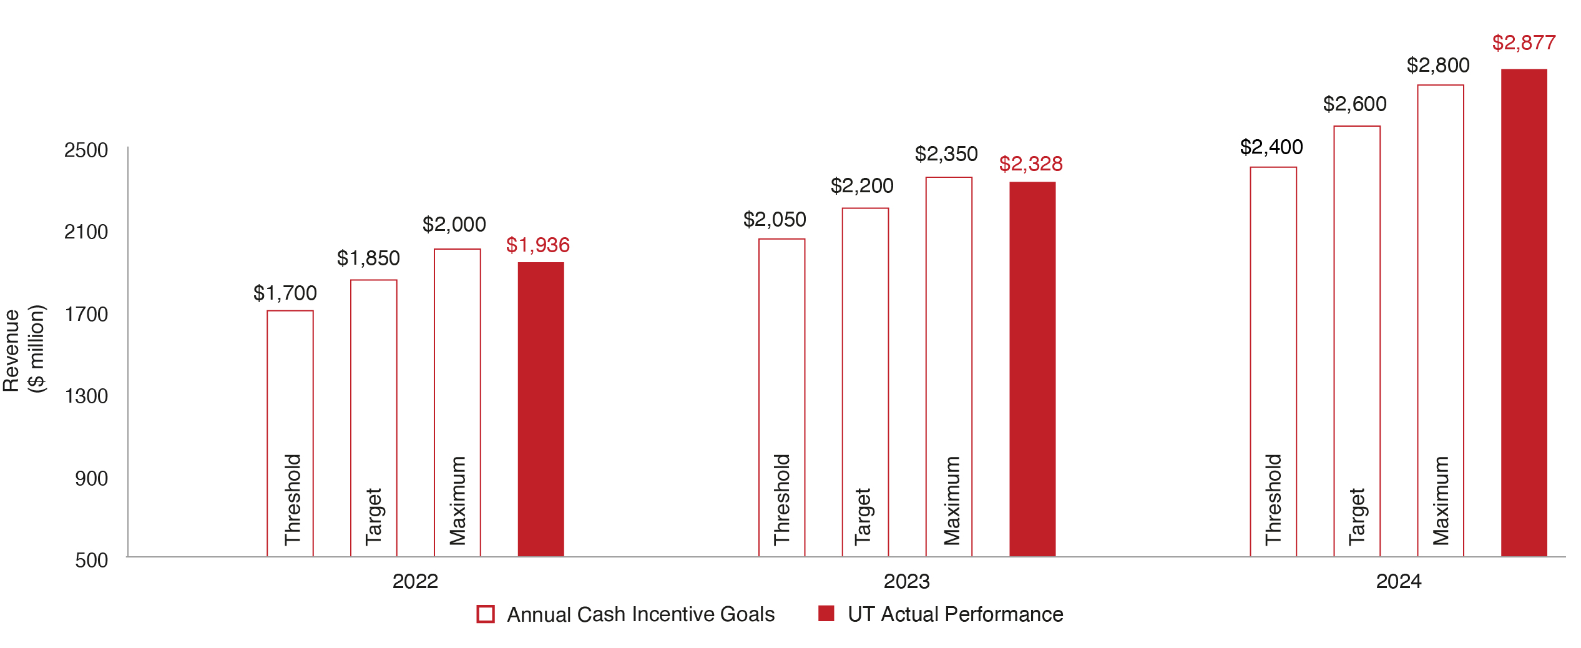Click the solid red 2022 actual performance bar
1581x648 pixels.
541,409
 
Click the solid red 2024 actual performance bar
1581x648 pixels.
1524,312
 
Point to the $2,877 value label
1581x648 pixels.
1524,42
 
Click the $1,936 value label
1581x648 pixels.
537,245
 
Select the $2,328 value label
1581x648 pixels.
1030,164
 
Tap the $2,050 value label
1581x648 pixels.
775,219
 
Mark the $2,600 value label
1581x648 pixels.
1354,104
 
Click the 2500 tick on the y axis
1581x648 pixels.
86,150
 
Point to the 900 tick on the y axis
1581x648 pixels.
91,478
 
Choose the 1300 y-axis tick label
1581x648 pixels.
86,396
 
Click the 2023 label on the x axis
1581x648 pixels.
906,581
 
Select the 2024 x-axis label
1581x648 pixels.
1399,581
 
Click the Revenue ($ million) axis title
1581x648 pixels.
24,350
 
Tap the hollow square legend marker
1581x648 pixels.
486,614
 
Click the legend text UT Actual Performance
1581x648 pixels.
955,614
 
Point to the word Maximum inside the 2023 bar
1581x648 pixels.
952,501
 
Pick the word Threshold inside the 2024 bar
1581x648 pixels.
1273,499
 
